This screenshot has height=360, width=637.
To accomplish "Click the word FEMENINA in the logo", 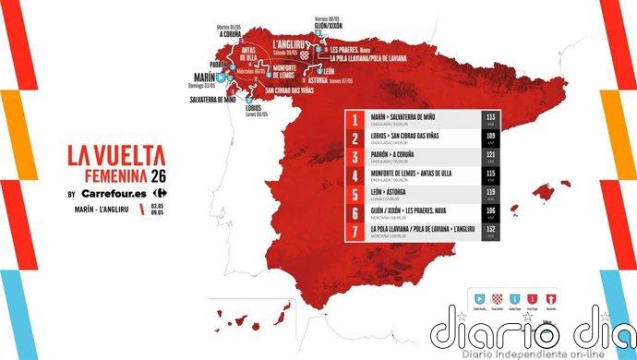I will click(x=92, y=178).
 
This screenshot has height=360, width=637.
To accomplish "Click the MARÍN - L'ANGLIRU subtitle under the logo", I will click(x=101, y=211).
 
